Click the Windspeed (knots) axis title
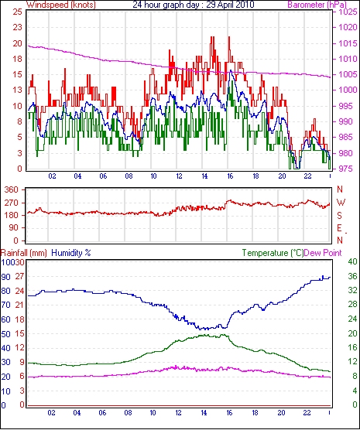[x=61, y=5]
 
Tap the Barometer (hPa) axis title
[x=317, y=5]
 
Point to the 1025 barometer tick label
[x=348, y=12]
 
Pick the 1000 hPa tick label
[x=348, y=90]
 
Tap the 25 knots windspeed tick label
[x=17, y=12]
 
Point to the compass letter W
[x=341, y=203]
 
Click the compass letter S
[x=339, y=216]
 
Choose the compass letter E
[x=339, y=228]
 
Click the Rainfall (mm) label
[x=24, y=253]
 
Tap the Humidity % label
[x=71, y=253]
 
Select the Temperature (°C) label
[x=273, y=253]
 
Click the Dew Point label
[x=323, y=253]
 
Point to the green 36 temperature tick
[x=352, y=276]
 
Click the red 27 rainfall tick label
[x=20, y=276]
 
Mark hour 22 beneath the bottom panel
[x=307, y=412]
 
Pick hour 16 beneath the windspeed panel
[x=230, y=176]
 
